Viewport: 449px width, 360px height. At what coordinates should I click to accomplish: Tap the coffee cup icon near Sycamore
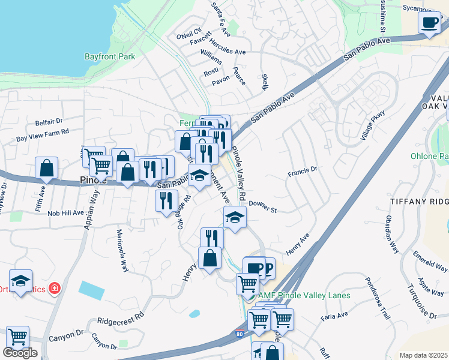pos(429,23)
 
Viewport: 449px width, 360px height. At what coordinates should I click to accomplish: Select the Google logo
pos(20,353)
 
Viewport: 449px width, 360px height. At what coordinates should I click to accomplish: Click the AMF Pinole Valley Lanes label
pos(304,295)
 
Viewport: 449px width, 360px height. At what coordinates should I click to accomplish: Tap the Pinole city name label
pos(94,179)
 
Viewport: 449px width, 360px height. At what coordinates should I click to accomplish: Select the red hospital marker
pos(55,289)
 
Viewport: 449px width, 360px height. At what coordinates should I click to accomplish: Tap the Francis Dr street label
pos(302,171)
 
